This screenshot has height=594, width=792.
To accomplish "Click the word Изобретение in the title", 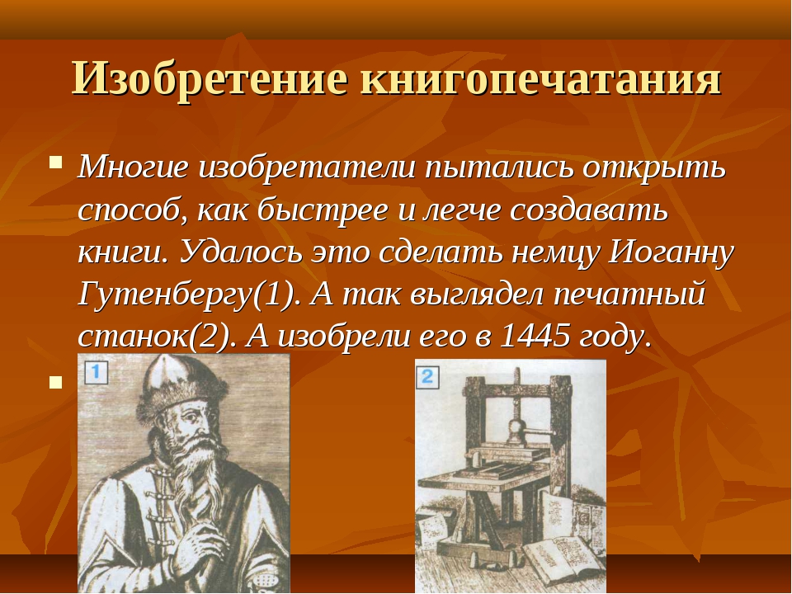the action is pos(210,79).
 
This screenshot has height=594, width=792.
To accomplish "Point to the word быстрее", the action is pos(323,210).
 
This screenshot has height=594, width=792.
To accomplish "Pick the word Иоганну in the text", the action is pos(671,252).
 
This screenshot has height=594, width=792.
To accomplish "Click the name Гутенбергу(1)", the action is pos(187,295).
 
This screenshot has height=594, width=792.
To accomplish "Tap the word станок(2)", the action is pos(157,337).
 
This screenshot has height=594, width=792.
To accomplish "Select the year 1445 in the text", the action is pos(535,335).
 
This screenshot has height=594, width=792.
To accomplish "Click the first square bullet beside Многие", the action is pos(56,163).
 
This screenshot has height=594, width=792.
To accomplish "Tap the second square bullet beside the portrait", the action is pos(55,382).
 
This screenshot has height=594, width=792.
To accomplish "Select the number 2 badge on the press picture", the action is pos(428,377).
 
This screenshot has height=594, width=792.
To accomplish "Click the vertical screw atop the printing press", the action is pos(516,399).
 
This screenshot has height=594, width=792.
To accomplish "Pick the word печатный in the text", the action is pos(629,295).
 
